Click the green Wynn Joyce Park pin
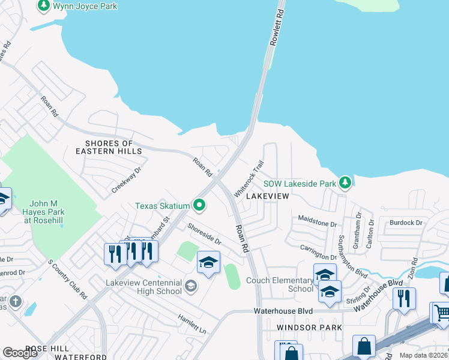point(44,6)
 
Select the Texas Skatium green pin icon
point(199,206)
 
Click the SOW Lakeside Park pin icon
point(345,182)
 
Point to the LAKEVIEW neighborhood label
point(267,196)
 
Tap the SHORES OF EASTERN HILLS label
point(113,147)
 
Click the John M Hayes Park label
point(50,211)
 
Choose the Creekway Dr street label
point(126,180)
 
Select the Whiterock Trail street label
point(249,179)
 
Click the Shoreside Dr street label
point(204,234)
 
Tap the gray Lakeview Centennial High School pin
point(191,286)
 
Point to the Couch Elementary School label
point(283,284)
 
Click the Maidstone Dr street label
point(318,224)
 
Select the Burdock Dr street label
point(406,223)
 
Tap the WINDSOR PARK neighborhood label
point(310,327)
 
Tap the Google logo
point(20,353)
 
